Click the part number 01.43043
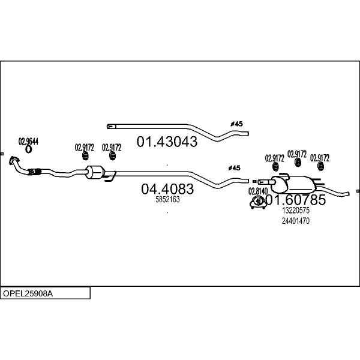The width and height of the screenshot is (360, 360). click(x=167, y=142)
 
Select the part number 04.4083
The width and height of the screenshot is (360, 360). click(x=167, y=189)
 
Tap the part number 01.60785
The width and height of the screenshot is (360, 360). click(x=296, y=200)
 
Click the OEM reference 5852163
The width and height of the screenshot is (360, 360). click(x=167, y=200)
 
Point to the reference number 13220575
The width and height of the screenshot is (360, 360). click(x=296, y=210)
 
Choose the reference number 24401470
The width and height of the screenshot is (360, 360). click(x=296, y=221)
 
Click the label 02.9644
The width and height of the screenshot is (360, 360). click(x=28, y=141)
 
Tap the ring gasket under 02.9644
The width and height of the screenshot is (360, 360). click(x=28, y=149)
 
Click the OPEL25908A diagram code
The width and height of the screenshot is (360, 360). click(x=28, y=293)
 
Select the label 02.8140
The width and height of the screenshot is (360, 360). click(x=258, y=191)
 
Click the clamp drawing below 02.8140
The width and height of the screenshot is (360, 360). click(x=258, y=202)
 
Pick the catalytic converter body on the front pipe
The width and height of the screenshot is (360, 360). click(x=95, y=172)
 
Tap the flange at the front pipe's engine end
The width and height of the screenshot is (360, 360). click(x=13, y=160)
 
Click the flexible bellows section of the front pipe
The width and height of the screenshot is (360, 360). click(x=34, y=172)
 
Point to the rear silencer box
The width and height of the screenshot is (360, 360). click(x=293, y=184)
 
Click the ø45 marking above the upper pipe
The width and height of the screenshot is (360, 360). click(x=236, y=124)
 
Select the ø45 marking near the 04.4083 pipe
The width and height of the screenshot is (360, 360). click(x=234, y=168)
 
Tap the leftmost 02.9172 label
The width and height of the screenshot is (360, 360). click(x=84, y=148)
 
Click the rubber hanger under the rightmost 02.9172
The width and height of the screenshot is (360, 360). click(x=320, y=166)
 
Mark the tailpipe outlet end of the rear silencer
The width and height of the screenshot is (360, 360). click(x=348, y=194)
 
